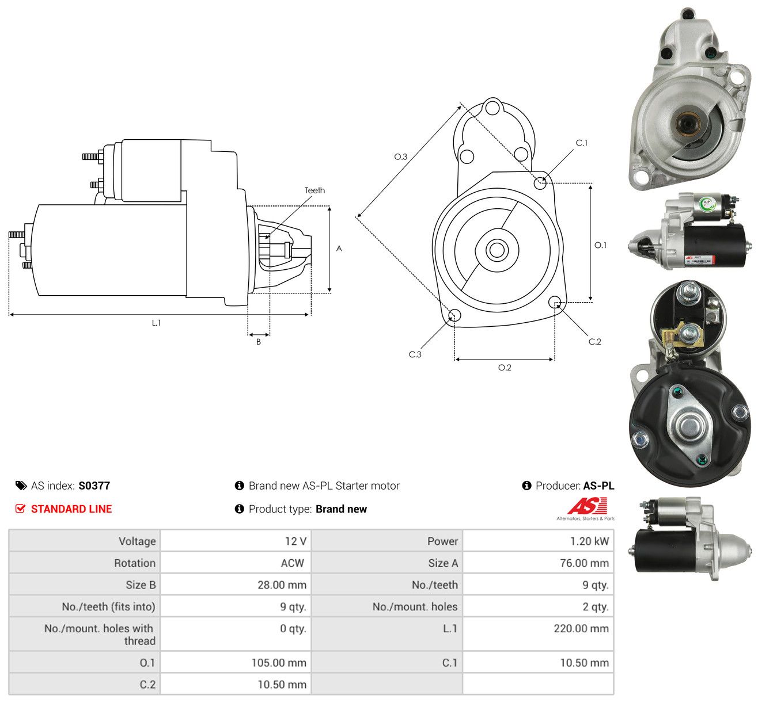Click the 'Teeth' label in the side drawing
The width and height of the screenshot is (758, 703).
point(314,190)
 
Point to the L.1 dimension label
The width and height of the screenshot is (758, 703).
point(156,323)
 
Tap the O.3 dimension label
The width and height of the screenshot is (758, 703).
point(400,156)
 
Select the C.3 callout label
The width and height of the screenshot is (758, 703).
point(415,354)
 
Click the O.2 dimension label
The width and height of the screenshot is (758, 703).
point(505,368)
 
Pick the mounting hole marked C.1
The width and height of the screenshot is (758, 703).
point(540,183)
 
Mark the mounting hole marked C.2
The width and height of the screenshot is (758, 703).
point(555,302)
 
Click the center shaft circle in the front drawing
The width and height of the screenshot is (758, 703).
point(497,250)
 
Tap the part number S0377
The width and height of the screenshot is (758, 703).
point(94,486)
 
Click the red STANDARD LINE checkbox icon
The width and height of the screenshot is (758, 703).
point(20,509)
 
